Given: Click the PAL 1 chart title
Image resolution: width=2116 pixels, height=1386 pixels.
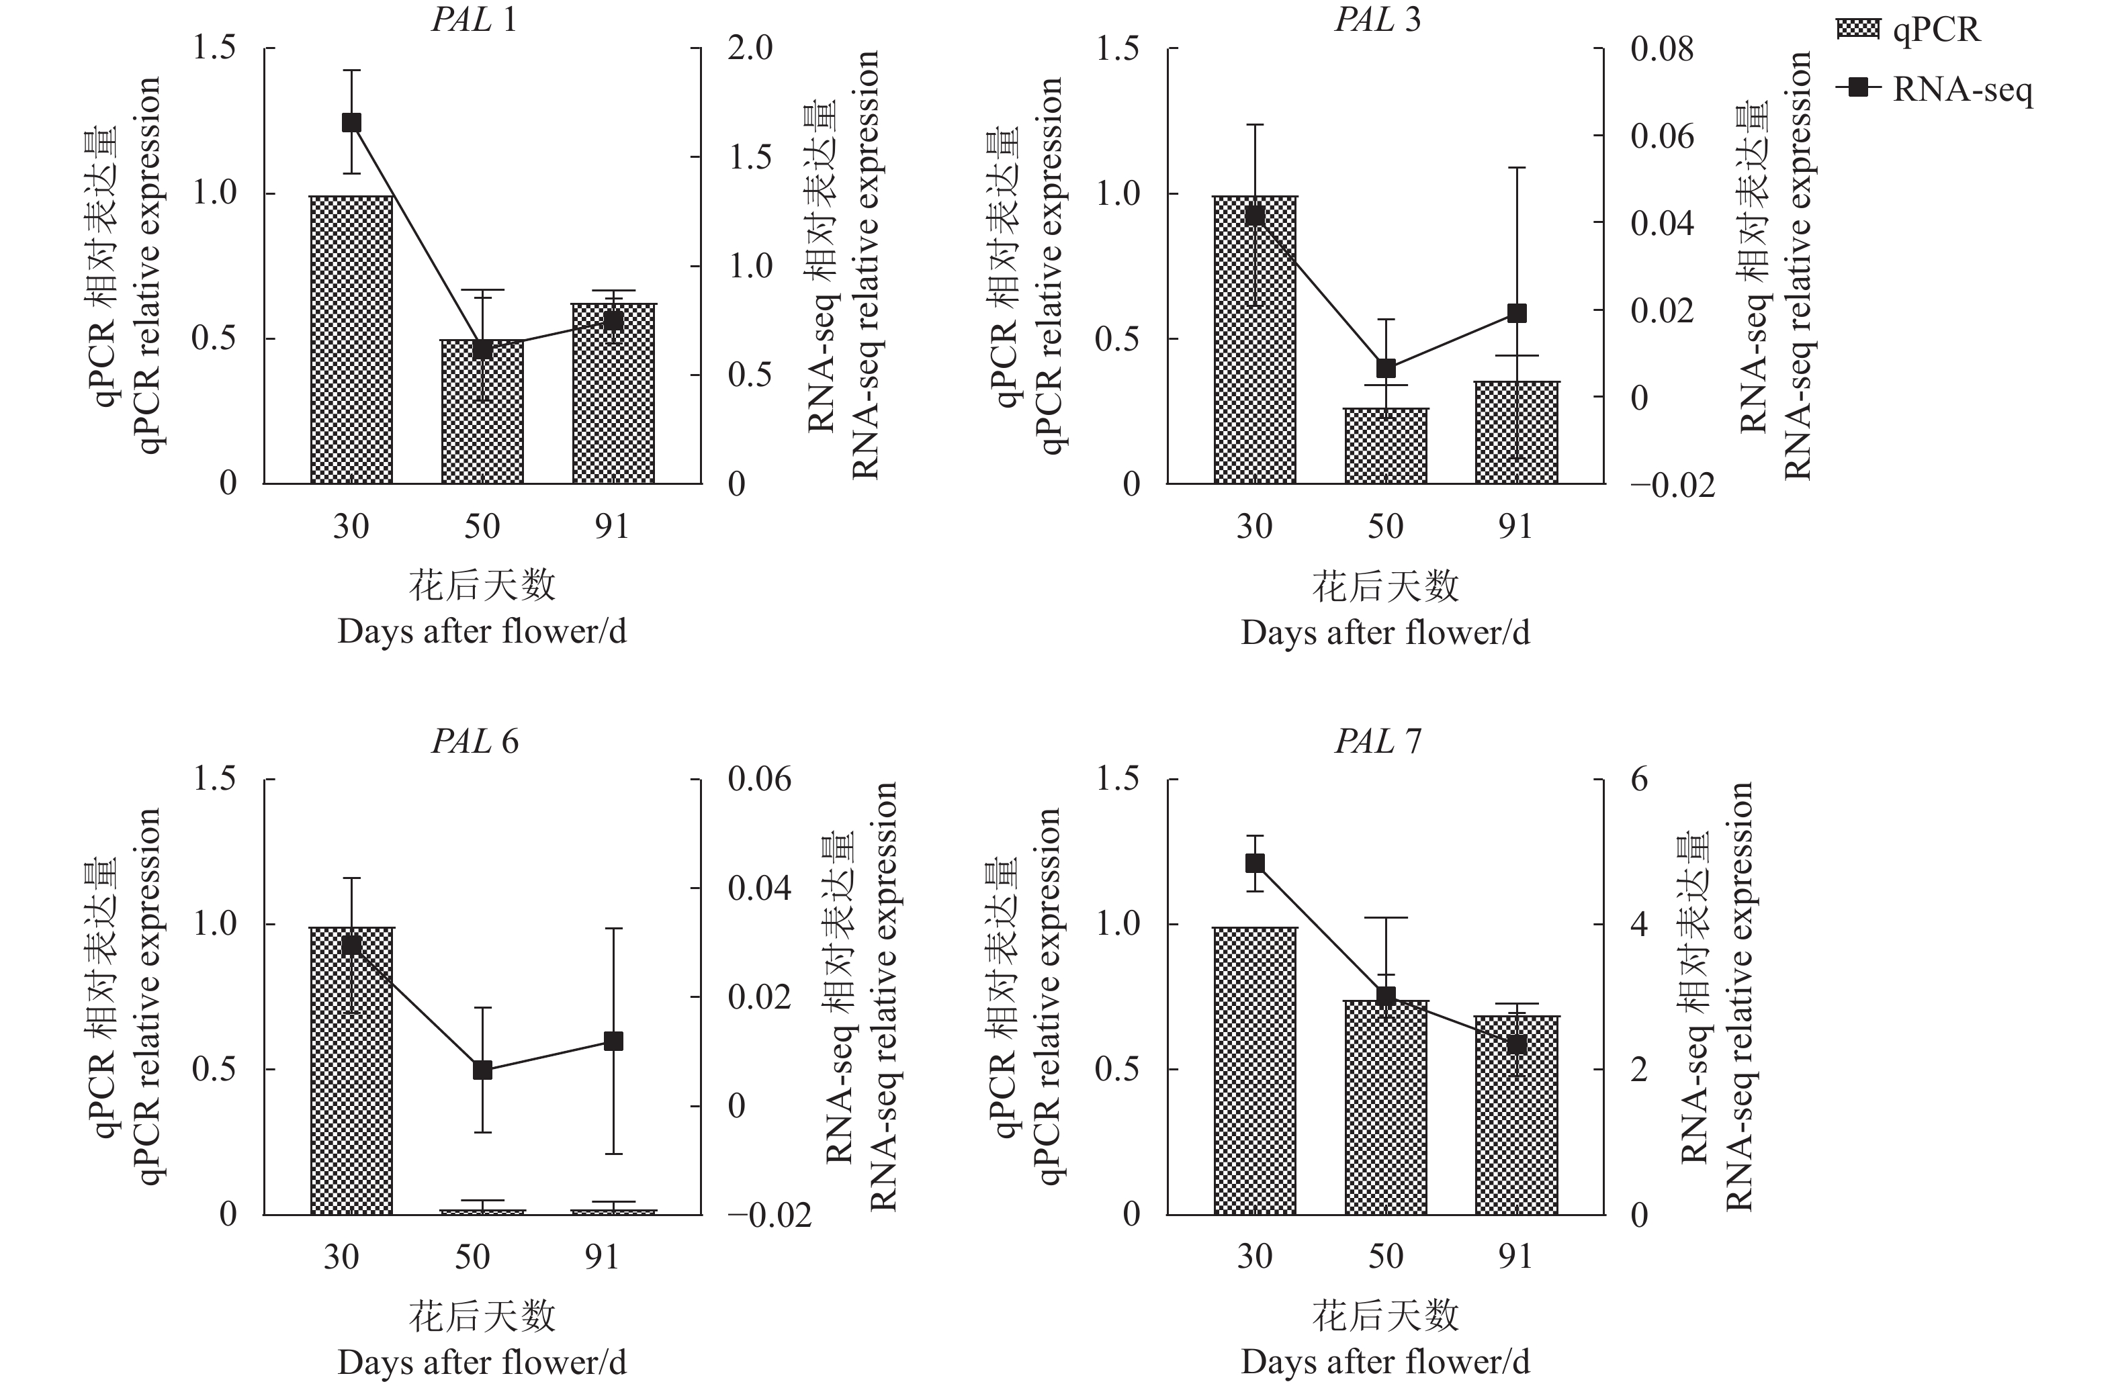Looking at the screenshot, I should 474,19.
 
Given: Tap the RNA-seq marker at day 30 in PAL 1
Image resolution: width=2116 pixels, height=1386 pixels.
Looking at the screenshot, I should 351,123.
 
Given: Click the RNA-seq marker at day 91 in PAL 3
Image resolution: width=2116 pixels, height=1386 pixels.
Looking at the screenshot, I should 1517,313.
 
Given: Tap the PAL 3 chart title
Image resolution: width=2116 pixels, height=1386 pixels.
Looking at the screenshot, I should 1377,19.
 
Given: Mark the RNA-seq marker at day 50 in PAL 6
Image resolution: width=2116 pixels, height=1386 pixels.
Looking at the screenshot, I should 482,1070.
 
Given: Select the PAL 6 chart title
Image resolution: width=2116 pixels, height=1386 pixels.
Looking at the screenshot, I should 474,741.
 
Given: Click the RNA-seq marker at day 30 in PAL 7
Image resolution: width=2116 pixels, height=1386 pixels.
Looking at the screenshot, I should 1255,862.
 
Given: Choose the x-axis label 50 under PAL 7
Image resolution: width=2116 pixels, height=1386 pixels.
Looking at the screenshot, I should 1385,1256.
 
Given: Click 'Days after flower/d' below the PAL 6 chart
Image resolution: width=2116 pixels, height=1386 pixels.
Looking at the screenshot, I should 482,1362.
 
